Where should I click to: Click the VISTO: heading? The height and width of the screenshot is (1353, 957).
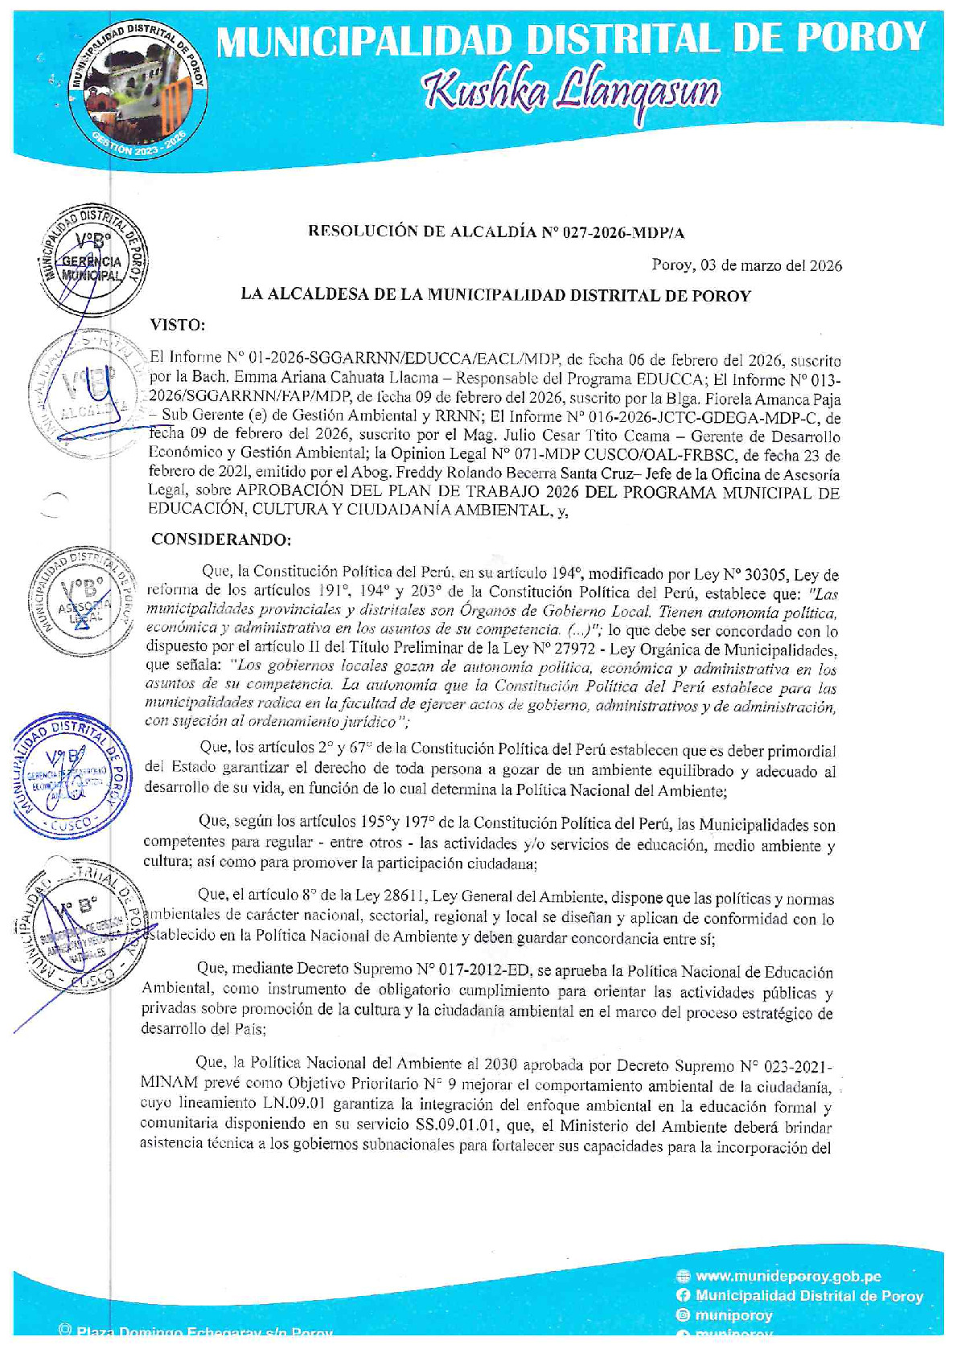pos(178,325)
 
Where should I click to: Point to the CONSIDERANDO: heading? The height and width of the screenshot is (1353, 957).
pos(221,539)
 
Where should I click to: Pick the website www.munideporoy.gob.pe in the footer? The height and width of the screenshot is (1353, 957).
pos(788,1276)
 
